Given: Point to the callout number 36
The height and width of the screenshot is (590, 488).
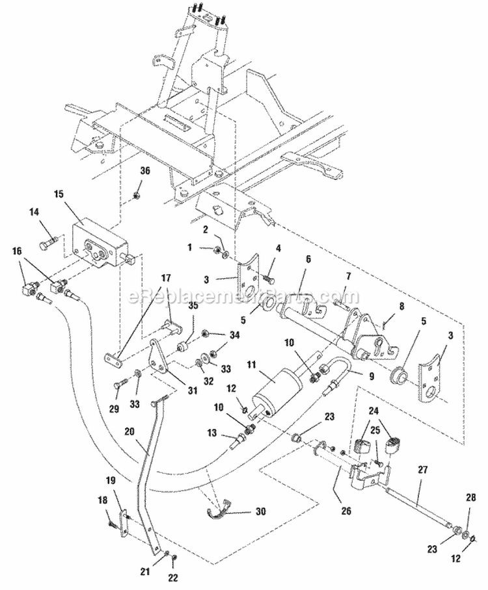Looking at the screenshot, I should tap(144, 172).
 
